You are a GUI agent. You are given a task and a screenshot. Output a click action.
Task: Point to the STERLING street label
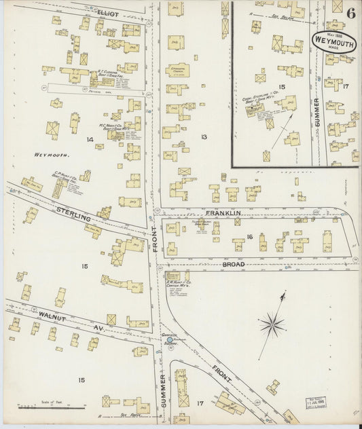pos(73,216)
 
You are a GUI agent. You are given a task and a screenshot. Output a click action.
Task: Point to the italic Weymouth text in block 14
pos(47,155)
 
